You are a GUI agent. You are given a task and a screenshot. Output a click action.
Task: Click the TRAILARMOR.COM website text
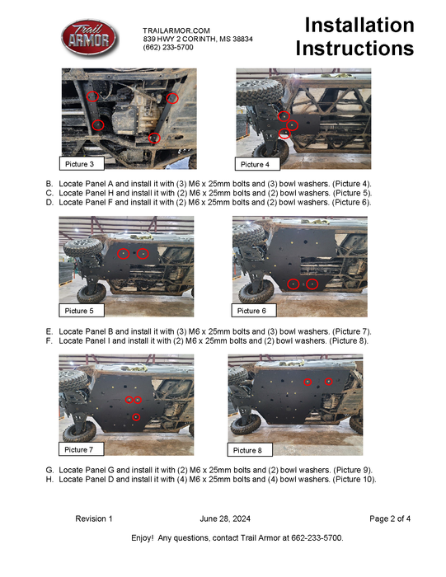coord(176,30)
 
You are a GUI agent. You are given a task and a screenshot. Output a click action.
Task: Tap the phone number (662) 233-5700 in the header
coord(169,48)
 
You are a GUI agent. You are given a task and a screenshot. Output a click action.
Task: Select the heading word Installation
coord(359,26)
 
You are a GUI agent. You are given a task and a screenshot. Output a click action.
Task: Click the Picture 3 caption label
coord(81,165)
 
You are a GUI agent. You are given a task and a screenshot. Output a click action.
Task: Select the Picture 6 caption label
coord(251,311)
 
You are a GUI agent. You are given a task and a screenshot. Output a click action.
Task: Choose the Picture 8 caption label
coord(247,450)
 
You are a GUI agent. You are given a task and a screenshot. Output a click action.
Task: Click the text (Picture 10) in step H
coord(355,479)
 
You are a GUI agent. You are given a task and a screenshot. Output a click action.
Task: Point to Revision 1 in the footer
coord(94,518)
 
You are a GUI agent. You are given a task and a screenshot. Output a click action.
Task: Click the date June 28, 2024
coord(225,518)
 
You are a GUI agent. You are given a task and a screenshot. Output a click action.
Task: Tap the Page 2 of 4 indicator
coord(390,518)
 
